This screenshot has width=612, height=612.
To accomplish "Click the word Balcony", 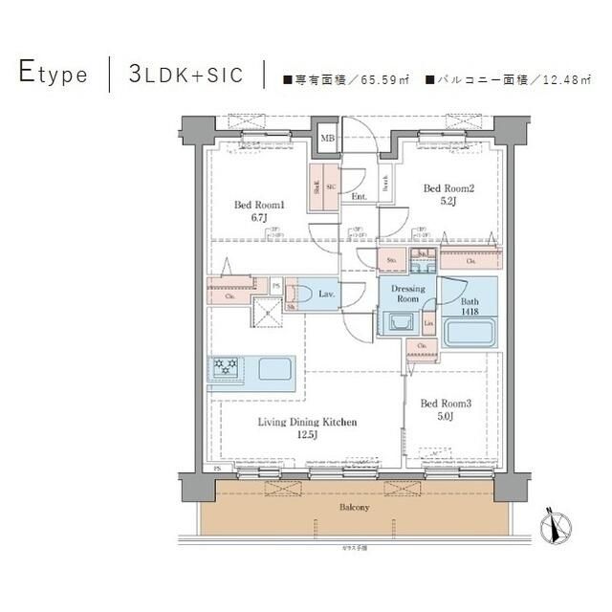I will click(x=354, y=506).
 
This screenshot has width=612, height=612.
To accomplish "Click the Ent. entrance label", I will click(x=359, y=197).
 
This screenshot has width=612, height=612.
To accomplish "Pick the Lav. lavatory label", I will click(x=326, y=295).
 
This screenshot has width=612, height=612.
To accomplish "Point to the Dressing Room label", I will click(x=407, y=294).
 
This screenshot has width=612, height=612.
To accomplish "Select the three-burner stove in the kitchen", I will click(x=226, y=367).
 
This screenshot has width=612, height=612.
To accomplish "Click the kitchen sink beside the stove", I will click(x=275, y=368).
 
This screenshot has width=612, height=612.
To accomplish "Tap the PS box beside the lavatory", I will click(x=276, y=284).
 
